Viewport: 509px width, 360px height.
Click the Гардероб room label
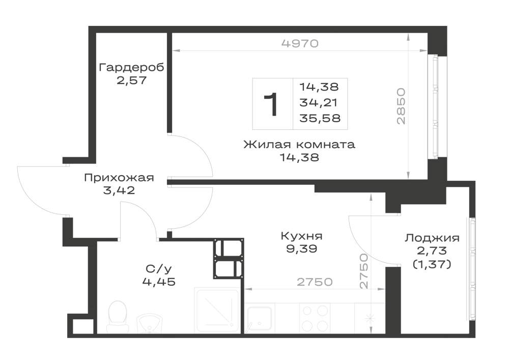point(131,68)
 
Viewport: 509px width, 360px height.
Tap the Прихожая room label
point(119,178)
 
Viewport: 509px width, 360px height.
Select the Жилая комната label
point(299,145)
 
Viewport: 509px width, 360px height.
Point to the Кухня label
point(301,236)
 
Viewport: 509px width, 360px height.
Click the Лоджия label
point(432,238)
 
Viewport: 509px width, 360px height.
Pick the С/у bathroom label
point(159,269)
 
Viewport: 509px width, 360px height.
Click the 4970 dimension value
point(300,43)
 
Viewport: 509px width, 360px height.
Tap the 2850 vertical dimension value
point(402,106)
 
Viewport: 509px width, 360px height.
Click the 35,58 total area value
point(320,118)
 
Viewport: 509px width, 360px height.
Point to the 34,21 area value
point(319,102)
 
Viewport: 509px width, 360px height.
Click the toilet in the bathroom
point(118,317)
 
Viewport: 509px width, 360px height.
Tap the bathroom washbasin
point(149,323)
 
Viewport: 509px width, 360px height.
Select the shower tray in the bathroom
point(217,310)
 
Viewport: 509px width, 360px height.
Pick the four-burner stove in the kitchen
point(315,318)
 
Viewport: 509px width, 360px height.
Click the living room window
point(433,106)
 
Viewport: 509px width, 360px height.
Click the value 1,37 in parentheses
point(432,265)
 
